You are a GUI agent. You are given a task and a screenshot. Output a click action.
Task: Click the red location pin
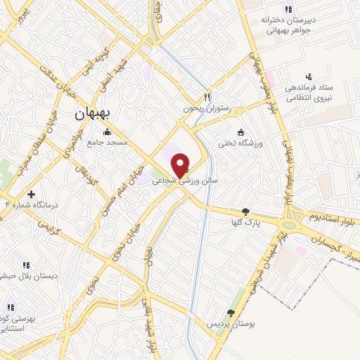point(181,165)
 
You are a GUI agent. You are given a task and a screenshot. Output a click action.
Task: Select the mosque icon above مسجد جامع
point(107,131)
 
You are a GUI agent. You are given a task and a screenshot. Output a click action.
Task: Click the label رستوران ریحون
point(207,108)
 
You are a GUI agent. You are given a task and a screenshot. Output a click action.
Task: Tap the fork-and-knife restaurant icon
point(207,97)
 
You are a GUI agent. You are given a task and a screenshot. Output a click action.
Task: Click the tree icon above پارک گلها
point(245,212)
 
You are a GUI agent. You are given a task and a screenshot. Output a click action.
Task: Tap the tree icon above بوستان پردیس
point(231,313)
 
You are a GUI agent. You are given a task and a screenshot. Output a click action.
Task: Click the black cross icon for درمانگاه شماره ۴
point(30,193)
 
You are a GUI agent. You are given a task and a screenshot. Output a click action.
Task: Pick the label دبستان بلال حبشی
point(27,276)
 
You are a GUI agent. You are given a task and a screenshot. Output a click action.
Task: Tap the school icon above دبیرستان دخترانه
point(287,8)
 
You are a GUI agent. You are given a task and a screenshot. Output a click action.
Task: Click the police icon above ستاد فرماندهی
point(308,76)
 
